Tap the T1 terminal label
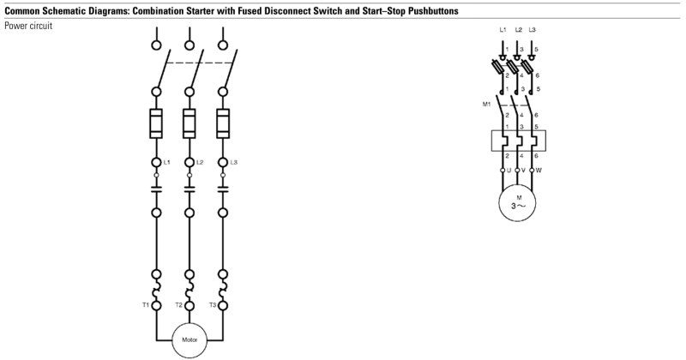click(145, 304)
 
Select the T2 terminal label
click(178, 304)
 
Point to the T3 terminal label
click(211, 304)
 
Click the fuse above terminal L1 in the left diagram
click(157, 124)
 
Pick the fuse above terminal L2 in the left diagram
click(190, 124)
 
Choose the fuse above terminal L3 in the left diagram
click(223, 124)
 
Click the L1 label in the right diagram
click(502, 30)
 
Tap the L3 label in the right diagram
click(533, 30)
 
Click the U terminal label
click(508, 171)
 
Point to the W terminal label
click(539, 171)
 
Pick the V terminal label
click(524, 171)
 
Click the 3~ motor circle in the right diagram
click(518, 202)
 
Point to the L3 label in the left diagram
click(233, 162)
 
